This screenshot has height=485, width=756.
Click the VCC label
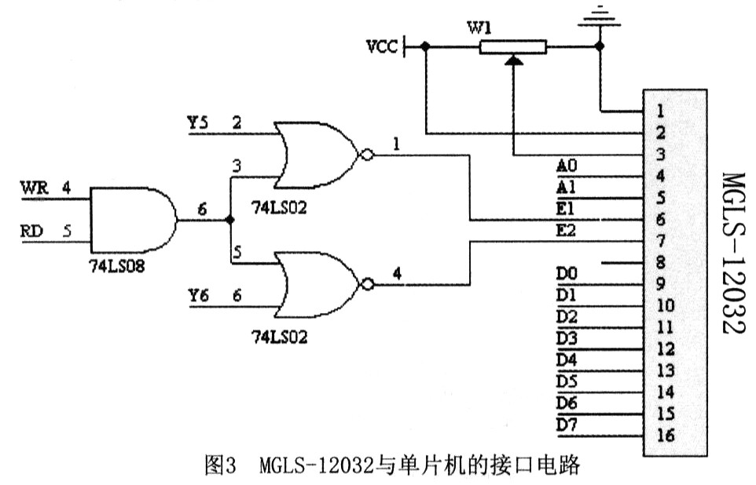(x=382, y=47)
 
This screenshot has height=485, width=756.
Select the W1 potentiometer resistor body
(x=512, y=47)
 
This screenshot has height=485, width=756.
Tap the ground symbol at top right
(x=600, y=16)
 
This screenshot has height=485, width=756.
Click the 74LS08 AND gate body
(x=134, y=220)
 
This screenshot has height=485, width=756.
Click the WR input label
(x=35, y=188)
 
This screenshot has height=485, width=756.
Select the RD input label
(x=31, y=232)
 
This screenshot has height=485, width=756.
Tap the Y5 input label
(x=198, y=122)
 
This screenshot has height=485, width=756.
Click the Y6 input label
(x=198, y=295)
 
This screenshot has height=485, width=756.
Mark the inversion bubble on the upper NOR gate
(x=368, y=155)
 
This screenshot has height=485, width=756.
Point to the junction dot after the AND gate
(x=230, y=220)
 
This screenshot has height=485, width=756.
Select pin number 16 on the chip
(x=666, y=436)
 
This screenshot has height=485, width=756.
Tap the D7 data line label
(x=567, y=425)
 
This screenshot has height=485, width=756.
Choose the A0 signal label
(x=567, y=166)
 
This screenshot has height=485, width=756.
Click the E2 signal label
(x=566, y=230)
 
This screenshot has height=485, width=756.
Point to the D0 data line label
(x=567, y=274)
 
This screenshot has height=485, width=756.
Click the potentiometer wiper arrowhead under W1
(x=513, y=60)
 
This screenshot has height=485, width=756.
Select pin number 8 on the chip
(x=661, y=262)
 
